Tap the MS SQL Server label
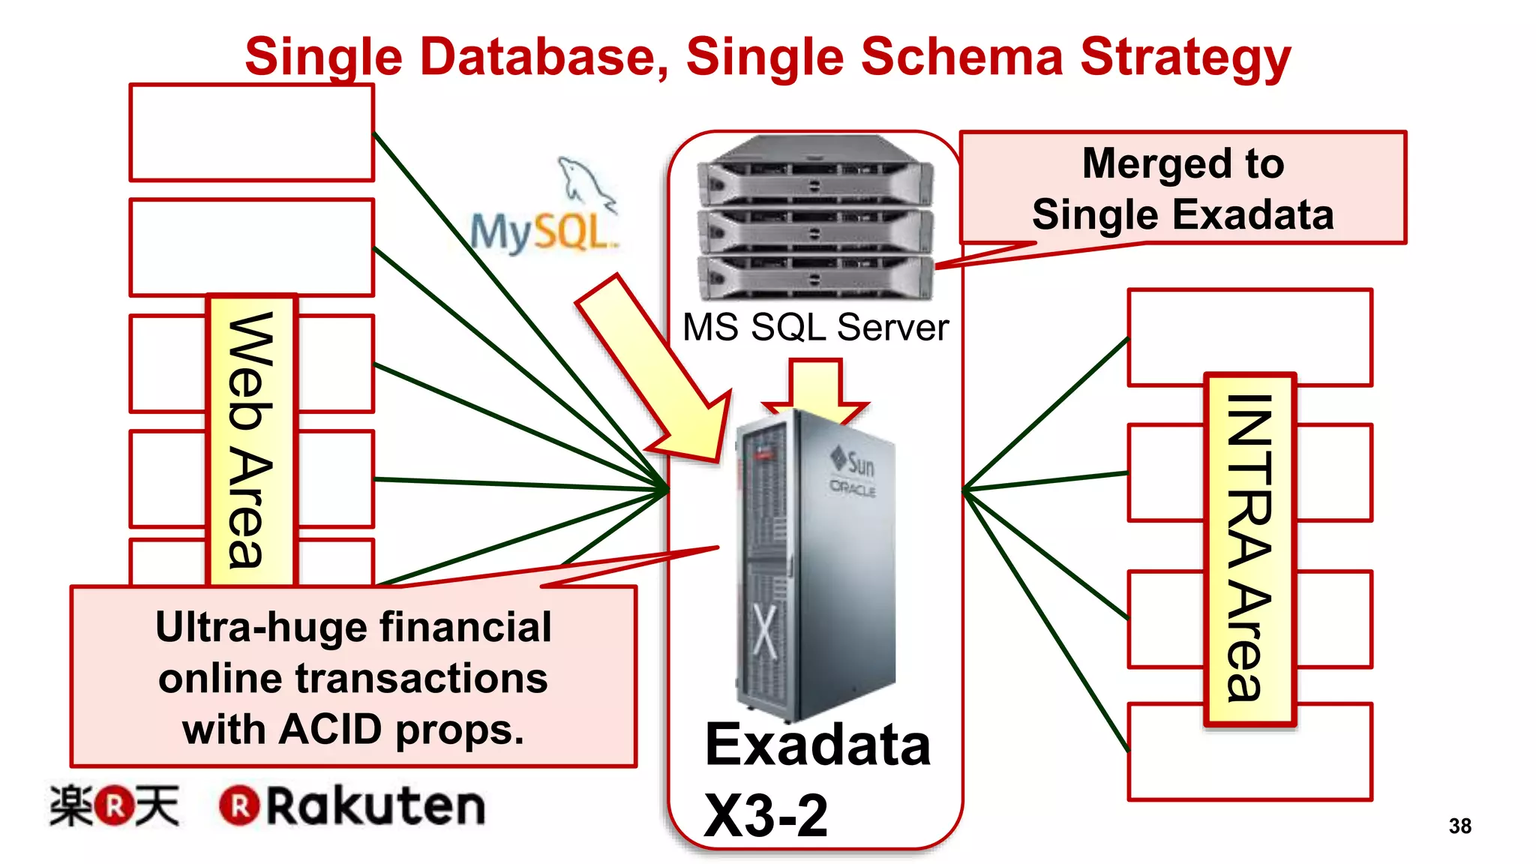pos(815,328)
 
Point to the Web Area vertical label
pos(252,441)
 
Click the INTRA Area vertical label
pos(1250,549)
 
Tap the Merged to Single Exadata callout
pos(1183,188)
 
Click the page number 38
pos(1459,826)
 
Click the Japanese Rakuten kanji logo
pos(114,806)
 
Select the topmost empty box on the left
pos(251,133)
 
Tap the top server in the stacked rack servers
pos(815,172)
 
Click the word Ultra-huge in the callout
pos(255,627)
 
